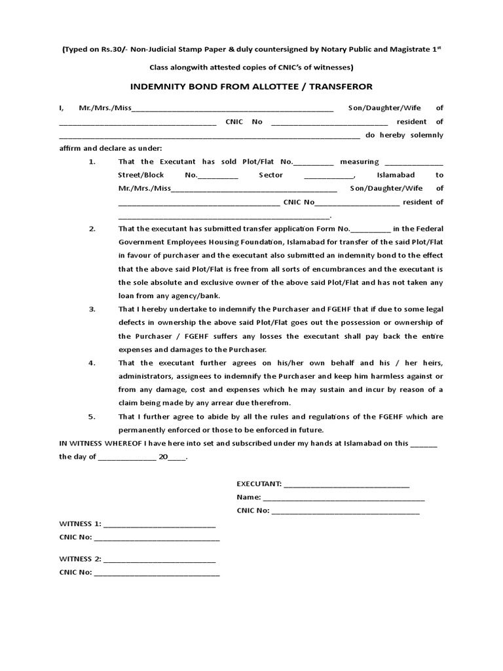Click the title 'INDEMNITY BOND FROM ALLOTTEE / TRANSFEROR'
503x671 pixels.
point(251,87)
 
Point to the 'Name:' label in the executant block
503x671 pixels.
point(249,497)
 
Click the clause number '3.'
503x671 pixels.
point(92,309)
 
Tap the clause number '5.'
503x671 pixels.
point(92,416)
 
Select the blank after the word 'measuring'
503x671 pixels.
point(413,162)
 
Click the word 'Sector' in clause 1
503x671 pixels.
point(270,175)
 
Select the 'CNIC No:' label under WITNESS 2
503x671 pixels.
point(75,572)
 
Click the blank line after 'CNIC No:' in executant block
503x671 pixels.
point(345,510)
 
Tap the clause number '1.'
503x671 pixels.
point(92,162)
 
